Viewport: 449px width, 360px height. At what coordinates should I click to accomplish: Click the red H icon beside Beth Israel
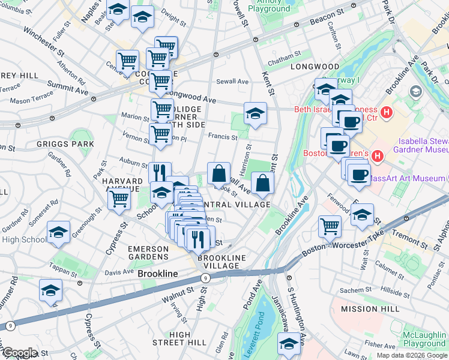pyautogui.click(x=387, y=112)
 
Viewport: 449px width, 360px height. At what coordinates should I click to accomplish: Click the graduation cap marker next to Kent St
pyautogui.click(x=255, y=113)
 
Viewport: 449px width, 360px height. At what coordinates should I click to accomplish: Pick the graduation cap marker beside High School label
pyautogui.click(x=58, y=232)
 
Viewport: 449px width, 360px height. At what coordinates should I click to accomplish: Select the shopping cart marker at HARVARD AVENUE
pyautogui.click(x=119, y=198)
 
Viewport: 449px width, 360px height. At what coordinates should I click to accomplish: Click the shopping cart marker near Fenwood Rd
pyautogui.click(x=330, y=227)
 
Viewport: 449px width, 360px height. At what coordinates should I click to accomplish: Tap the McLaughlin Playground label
pyautogui.click(x=424, y=339)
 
